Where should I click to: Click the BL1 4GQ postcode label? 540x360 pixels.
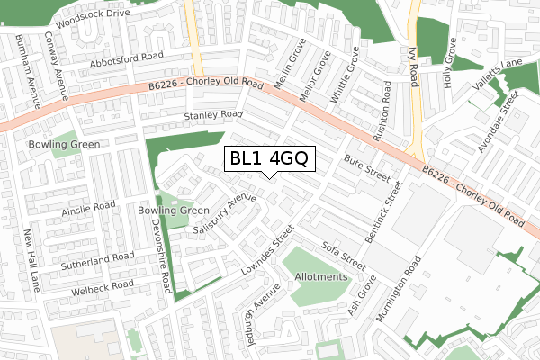pyautogui.click(x=269, y=159)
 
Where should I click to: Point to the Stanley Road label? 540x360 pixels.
pyautogui.click(x=213, y=115)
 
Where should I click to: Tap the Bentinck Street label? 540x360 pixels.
pyautogui.click(x=382, y=219)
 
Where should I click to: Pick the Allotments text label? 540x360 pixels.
pyautogui.click(x=320, y=277)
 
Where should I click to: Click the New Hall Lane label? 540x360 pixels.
pyautogui.click(x=31, y=262)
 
